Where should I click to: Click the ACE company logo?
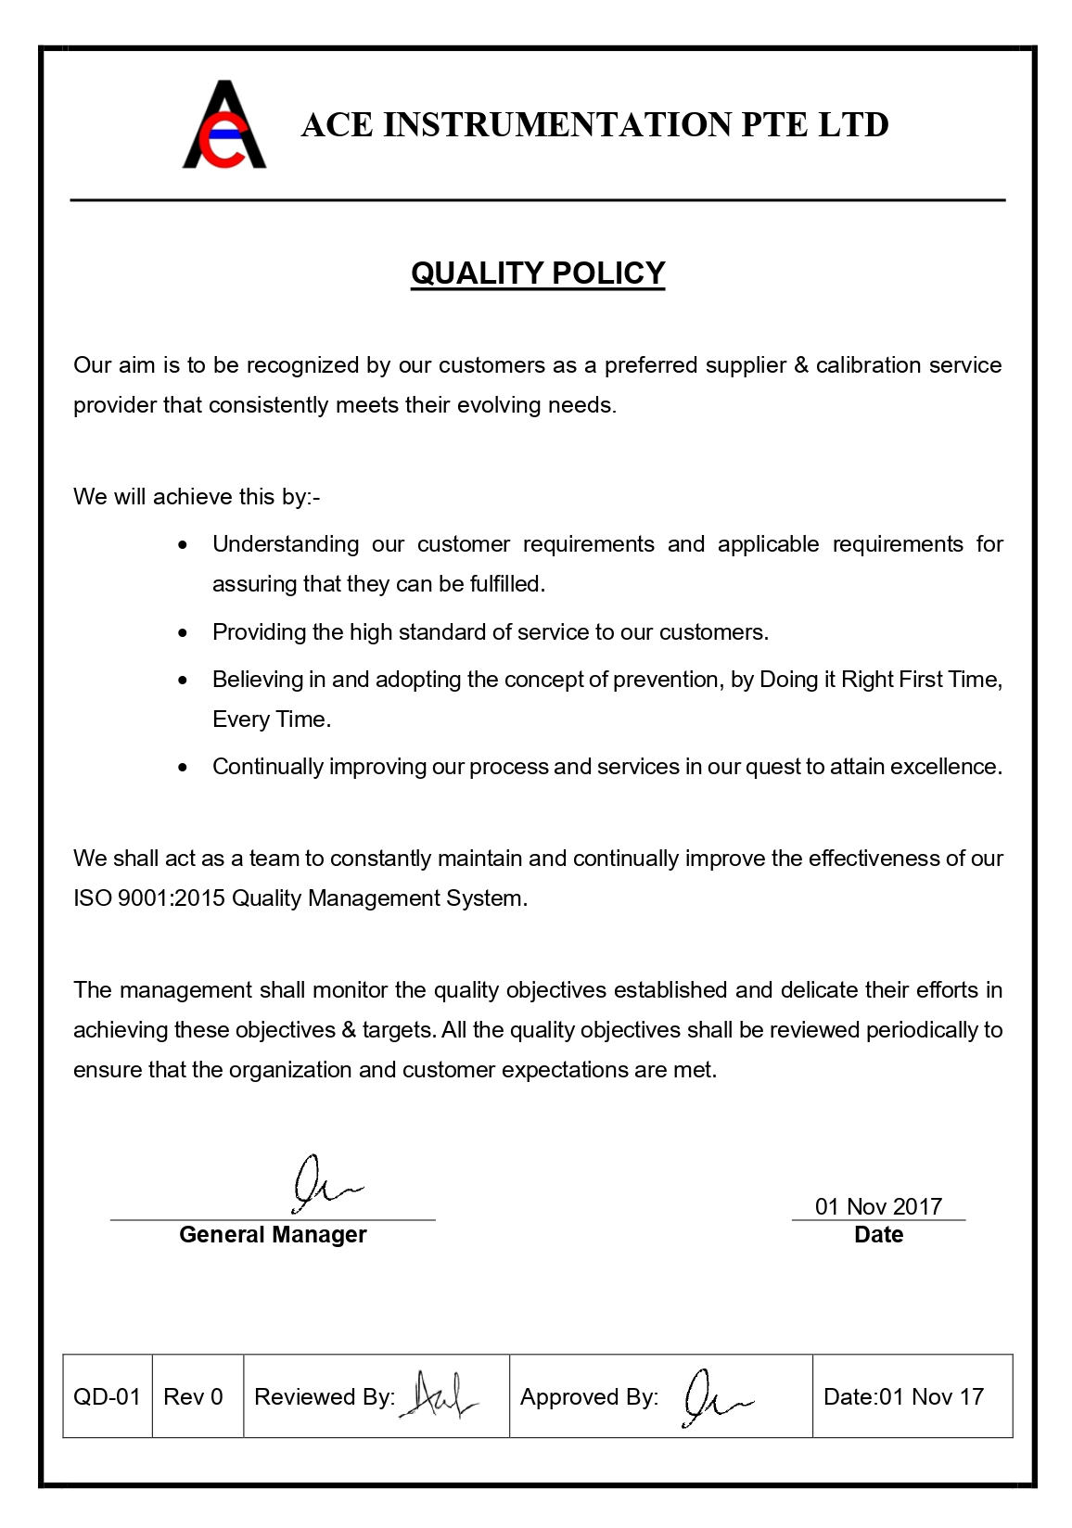[224, 125]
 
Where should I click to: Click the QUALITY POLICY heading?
[538, 274]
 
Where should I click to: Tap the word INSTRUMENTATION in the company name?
[557, 125]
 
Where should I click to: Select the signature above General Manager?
[323, 1184]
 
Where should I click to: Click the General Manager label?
[273, 1235]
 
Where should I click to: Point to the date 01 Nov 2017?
[878, 1206]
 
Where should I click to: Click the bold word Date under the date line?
[878, 1235]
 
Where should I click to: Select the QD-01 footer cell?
[107, 1396]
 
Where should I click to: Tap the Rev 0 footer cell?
[194, 1396]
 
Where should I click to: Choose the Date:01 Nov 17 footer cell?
[904, 1396]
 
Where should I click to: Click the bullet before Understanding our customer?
[183, 545]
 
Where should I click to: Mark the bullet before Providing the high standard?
[183, 633]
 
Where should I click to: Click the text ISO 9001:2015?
[149, 898]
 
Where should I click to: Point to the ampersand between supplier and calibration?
[801, 365]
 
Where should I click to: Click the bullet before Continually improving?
[183, 768]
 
